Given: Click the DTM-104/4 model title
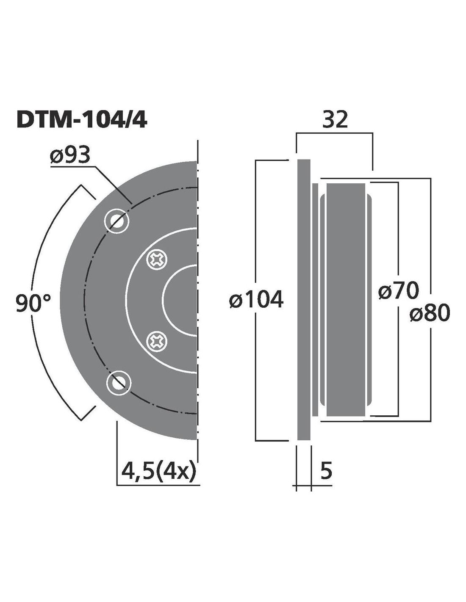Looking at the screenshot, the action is pos(81,120).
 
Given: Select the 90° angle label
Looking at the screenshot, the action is pos(33,303).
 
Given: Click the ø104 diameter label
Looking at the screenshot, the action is pos(256,299).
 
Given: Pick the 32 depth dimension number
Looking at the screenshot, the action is pos(335,120).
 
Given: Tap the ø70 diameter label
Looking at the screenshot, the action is pos(398,290).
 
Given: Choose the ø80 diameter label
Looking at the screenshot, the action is pos(430,312).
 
